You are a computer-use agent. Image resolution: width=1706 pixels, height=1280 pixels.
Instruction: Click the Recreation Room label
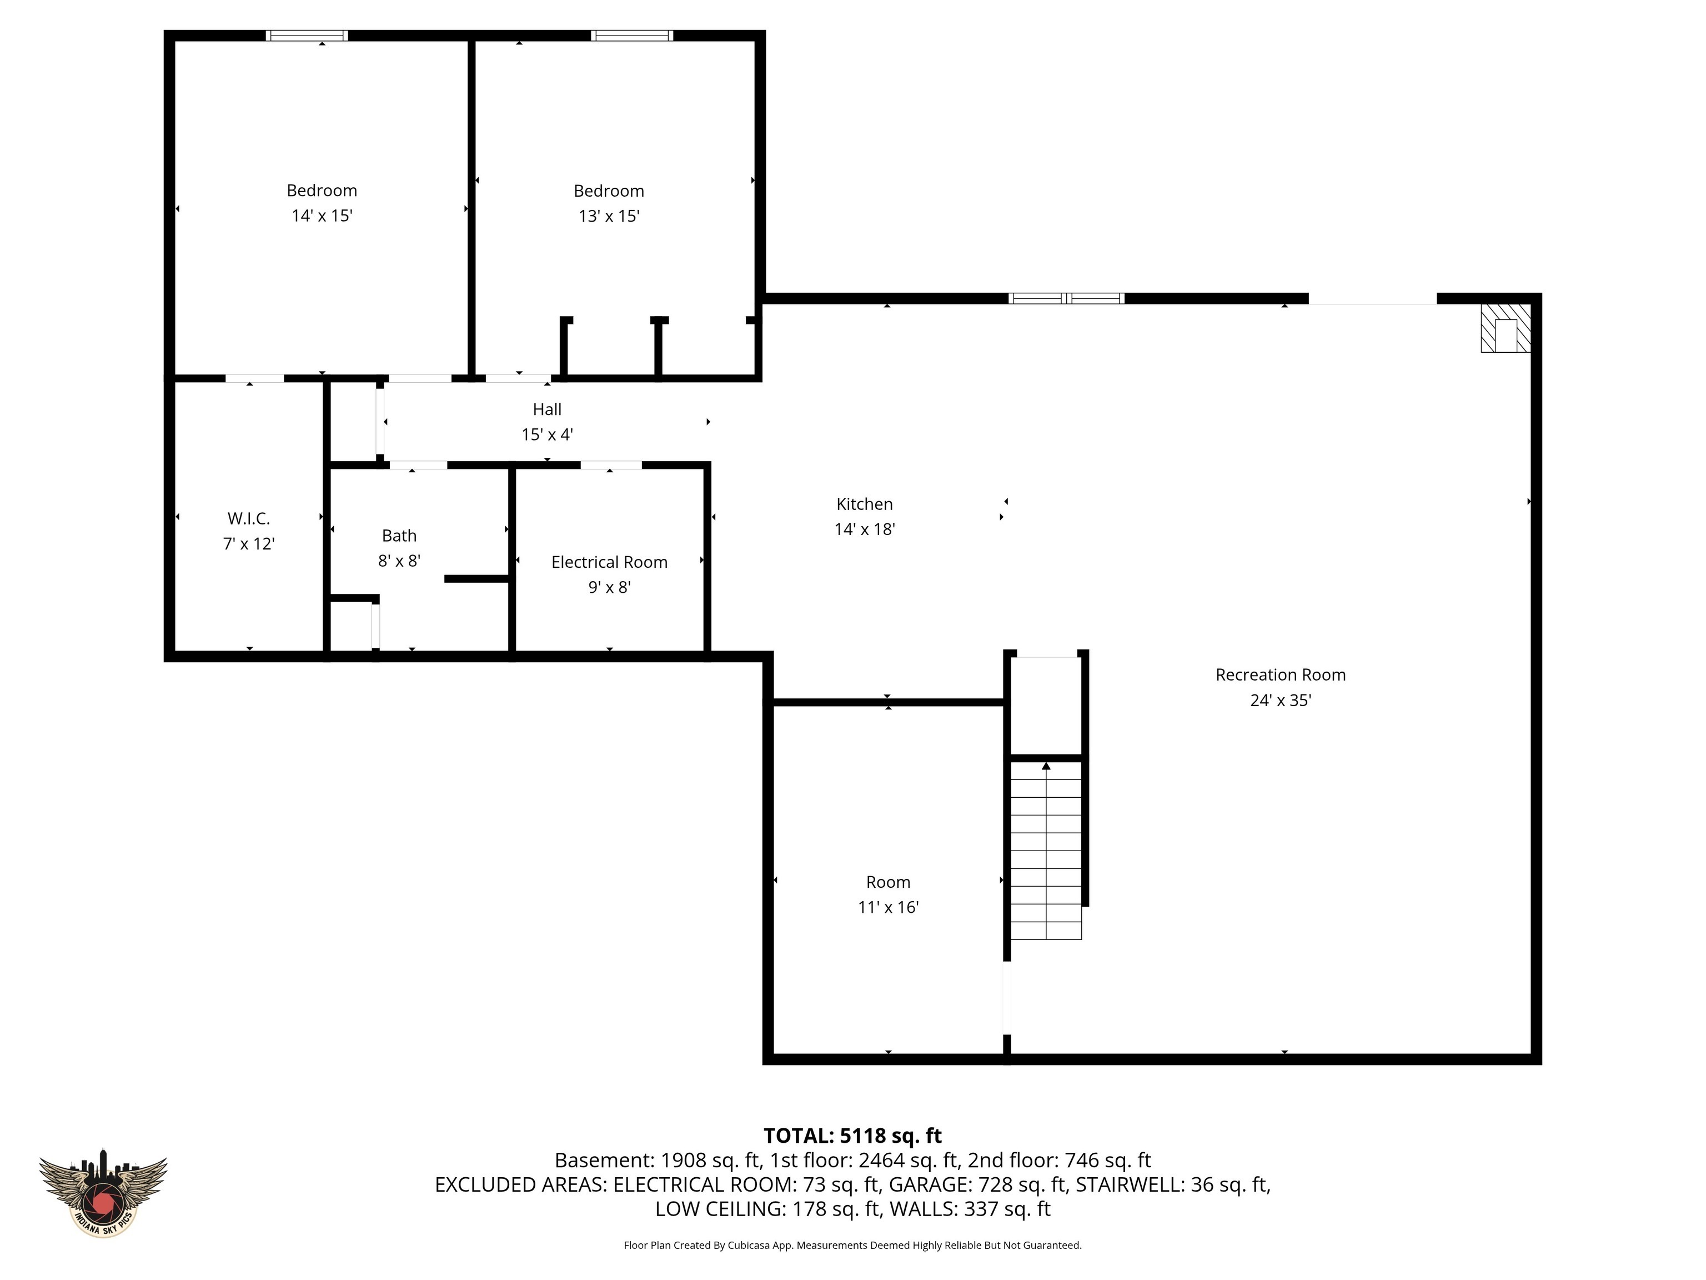pos(1280,675)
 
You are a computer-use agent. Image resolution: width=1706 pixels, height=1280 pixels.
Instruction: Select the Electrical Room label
pos(609,562)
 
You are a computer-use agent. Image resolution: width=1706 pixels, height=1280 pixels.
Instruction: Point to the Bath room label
pos(399,536)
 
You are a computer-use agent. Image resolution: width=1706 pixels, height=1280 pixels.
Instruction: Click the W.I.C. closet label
pos(248,518)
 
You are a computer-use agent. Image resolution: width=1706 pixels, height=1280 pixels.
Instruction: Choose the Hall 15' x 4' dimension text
pos(547,434)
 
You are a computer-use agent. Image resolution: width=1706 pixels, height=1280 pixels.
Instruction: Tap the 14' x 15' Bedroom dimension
pos(322,216)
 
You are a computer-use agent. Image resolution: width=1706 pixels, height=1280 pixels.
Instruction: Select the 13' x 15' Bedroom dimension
pos(609,216)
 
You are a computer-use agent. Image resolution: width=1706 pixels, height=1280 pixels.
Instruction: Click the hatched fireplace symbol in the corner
pos(1505,328)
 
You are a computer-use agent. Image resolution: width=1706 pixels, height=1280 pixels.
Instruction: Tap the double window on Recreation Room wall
pos(1066,298)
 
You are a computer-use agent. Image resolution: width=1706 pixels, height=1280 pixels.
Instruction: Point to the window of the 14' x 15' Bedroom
pos(307,36)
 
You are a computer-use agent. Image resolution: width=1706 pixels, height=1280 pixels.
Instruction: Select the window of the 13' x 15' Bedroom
pos(631,36)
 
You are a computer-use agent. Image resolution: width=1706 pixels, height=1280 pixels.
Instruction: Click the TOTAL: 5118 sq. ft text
pos(852,1136)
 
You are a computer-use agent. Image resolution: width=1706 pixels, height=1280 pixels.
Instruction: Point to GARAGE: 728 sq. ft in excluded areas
pos(977,1184)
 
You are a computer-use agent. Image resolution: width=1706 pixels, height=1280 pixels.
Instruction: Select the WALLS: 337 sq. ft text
pos(970,1209)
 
